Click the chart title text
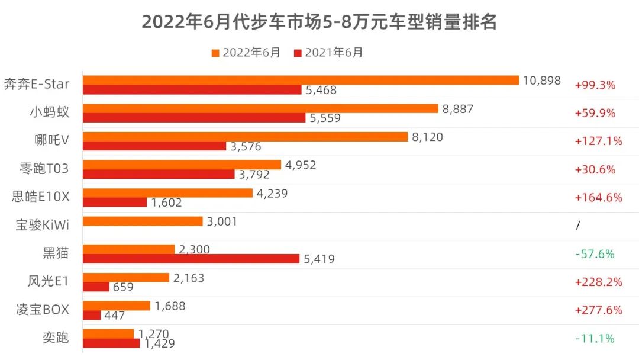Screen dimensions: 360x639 (319, 22)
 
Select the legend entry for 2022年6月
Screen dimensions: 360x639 (246, 53)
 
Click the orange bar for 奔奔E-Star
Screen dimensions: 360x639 (301, 80)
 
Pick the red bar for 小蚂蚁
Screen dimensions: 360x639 (193, 118)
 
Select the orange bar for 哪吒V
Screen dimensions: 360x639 (245, 136)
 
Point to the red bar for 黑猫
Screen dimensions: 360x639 (191, 259)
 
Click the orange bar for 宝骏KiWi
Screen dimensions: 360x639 (143, 221)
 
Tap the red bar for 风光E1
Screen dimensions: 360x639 (96, 287)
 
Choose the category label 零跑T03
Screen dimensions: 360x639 (44, 169)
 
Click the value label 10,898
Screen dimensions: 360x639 (541, 81)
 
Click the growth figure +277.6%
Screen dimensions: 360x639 (598, 310)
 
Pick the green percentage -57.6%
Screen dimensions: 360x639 (595, 254)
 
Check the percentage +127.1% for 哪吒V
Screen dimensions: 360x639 (598, 141)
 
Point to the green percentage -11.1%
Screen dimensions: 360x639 (595, 339)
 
